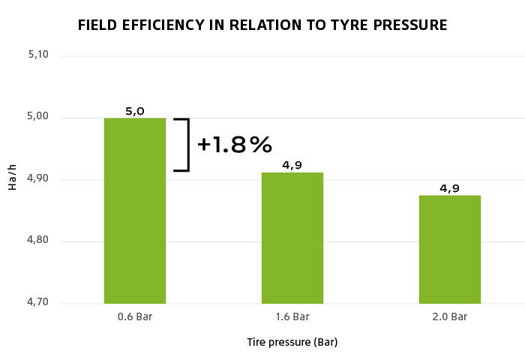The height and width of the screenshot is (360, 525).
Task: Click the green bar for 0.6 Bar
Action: (134, 211)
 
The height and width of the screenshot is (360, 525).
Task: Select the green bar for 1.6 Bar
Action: (292, 238)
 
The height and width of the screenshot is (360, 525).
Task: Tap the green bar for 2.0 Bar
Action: (449, 249)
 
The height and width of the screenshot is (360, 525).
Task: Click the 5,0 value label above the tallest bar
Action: (134, 111)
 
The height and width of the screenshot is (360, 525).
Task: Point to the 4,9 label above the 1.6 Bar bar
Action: (292, 165)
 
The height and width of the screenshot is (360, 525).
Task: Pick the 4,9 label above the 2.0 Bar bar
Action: (449, 188)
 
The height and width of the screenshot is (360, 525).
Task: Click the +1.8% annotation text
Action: (234, 145)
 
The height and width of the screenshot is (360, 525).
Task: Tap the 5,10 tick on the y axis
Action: (36, 55)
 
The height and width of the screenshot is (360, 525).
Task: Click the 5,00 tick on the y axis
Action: (36, 117)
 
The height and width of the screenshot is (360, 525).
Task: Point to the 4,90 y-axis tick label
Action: (36, 179)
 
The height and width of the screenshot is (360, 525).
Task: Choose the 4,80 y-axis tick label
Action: (36, 241)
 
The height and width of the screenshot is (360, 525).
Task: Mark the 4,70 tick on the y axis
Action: (36, 303)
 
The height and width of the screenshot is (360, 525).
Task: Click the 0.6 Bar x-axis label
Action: (134, 316)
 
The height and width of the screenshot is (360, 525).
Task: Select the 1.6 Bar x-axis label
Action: (292, 316)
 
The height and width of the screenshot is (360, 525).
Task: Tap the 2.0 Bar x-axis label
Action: (449, 316)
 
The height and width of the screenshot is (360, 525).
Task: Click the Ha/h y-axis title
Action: (12, 179)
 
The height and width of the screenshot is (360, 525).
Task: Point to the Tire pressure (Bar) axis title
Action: (292, 343)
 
